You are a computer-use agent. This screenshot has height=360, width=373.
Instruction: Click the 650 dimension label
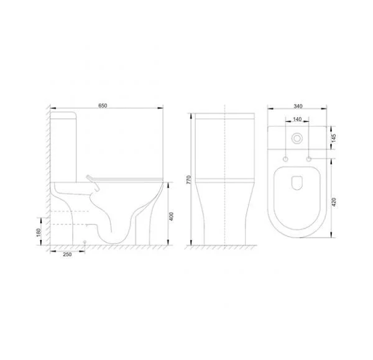click(x=103, y=106)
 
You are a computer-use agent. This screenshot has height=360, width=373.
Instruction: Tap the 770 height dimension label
click(x=188, y=180)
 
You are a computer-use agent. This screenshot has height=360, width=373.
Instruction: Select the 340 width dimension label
click(x=298, y=106)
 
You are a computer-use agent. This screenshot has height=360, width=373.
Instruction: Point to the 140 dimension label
click(x=297, y=119)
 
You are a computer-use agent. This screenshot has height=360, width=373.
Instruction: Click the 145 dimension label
click(x=333, y=139)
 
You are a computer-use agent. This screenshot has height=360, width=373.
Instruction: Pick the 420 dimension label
click(x=333, y=202)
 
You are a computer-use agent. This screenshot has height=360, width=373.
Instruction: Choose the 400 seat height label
click(x=171, y=216)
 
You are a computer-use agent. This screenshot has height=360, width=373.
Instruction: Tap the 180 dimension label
click(x=39, y=233)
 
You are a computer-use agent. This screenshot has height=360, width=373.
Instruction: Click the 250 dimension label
click(x=67, y=254)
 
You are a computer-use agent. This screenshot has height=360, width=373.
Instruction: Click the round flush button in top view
click(x=297, y=138)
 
